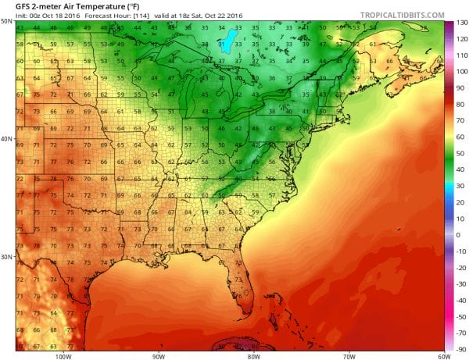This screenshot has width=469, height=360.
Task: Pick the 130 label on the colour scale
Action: point(460,23)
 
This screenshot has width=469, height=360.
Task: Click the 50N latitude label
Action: point(8,22)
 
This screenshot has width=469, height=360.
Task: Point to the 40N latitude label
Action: point(8,140)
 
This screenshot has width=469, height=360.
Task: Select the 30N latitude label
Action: point(8,257)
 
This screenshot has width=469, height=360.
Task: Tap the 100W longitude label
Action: point(63,355)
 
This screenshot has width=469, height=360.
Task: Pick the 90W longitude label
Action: point(159,355)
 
